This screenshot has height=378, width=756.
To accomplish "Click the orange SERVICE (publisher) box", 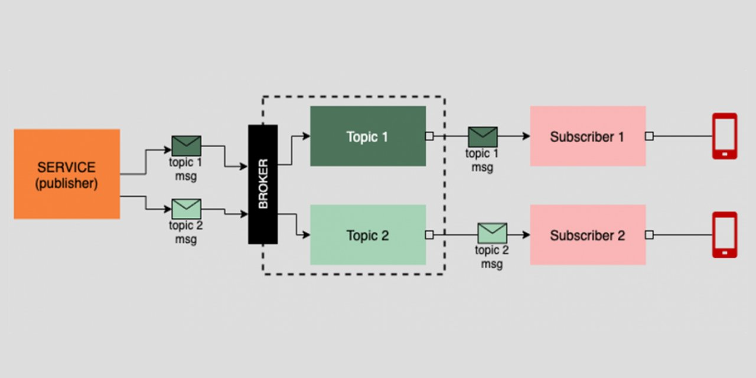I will (67, 174).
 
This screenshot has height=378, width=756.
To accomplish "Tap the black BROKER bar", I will (263, 184).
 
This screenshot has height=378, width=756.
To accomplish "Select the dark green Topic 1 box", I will (367, 136).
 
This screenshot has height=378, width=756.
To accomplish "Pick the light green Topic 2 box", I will (367, 234).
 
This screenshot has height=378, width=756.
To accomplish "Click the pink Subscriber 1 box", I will (587, 136).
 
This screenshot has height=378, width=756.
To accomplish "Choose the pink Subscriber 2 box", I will (587, 234).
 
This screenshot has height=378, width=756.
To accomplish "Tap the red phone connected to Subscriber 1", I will (725, 136).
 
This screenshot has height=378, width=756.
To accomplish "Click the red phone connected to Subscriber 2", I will (725, 234).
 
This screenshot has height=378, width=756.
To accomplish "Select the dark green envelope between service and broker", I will (187, 146).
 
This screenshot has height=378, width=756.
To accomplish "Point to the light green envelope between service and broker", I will (187, 208).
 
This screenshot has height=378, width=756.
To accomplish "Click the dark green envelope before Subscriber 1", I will (483, 137).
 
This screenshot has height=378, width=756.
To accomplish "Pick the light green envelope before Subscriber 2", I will (492, 233).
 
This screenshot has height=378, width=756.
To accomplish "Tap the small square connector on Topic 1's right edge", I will (429, 136).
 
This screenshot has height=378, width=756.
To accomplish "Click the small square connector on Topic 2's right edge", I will (429, 235).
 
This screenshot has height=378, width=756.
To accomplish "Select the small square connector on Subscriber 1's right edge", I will (649, 136).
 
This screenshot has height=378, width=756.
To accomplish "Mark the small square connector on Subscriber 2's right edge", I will (649, 235).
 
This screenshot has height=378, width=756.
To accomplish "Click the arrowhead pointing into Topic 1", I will (306, 136).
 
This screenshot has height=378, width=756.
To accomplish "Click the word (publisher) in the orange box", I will (67, 184).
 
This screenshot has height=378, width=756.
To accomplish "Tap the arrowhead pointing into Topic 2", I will (306, 235).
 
